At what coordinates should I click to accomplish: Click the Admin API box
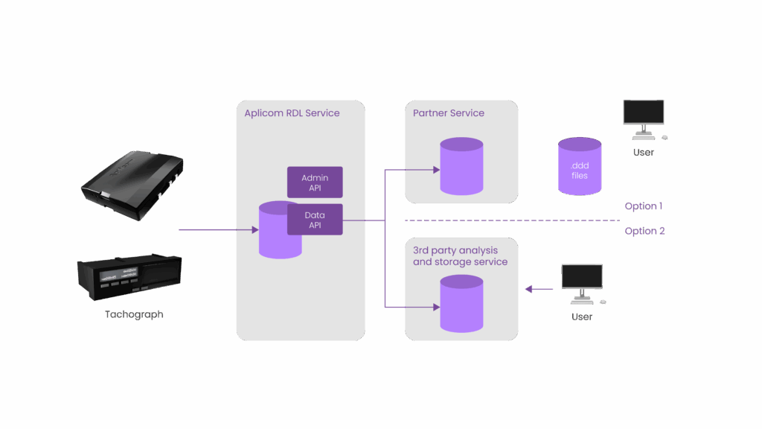coord(315,182)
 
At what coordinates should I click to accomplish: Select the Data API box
coord(315,220)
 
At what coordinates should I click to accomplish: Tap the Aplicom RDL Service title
coord(292,113)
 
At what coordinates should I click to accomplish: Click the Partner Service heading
coord(448,113)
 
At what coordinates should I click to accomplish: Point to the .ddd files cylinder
coord(579,166)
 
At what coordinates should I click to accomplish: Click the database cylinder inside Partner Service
coord(461,166)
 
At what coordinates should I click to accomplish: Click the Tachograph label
coord(134,314)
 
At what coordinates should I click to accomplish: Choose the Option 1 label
coord(644,206)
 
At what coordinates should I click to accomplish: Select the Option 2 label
coord(644,231)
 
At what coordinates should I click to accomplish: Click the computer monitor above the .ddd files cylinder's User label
coord(644,115)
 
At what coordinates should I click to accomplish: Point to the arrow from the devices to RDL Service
coord(216,229)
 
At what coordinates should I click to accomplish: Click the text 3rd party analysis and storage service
coord(460,256)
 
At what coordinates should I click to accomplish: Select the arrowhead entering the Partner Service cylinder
coord(435,170)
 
